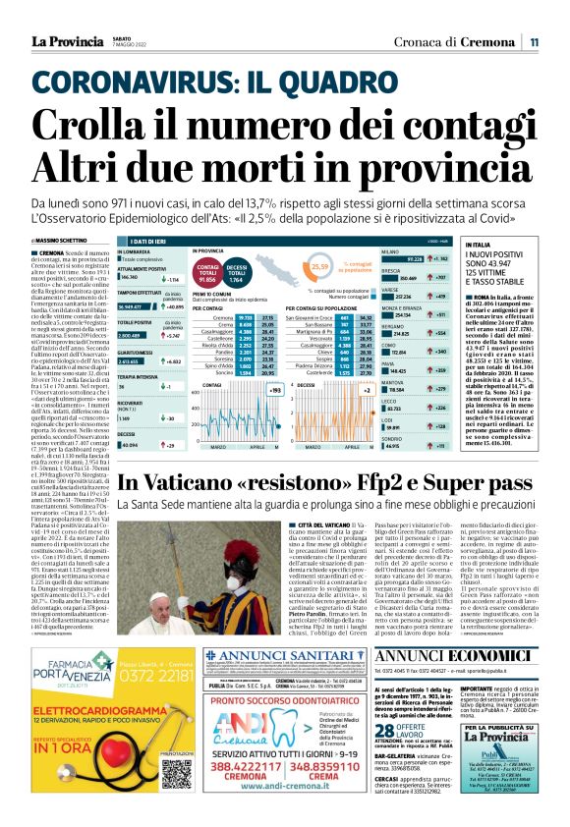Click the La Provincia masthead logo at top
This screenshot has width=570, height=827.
(65, 41)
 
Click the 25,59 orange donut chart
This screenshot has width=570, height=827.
(318, 266)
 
